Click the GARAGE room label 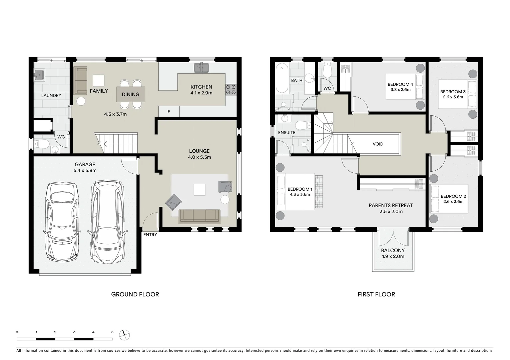(x=85, y=164)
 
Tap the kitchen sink (x=201, y=68)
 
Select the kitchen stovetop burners (x=231, y=90)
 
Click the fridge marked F (x=169, y=112)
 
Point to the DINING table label (x=130, y=94)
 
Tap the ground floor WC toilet (x=42, y=144)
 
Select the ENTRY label (x=150, y=235)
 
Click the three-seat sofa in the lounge (x=199, y=216)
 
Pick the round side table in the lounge (x=225, y=199)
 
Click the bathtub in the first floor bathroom (x=282, y=79)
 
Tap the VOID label (x=378, y=144)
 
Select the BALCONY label (x=393, y=250)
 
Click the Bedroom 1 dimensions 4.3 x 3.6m (x=300, y=194)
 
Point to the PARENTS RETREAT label (x=391, y=205)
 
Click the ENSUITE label (x=287, y=133)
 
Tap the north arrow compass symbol (x=124, y=335)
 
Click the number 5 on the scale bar (x=112, y=332)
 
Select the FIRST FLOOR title (x=376, y=294)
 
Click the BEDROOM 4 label (x=400, y=84)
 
